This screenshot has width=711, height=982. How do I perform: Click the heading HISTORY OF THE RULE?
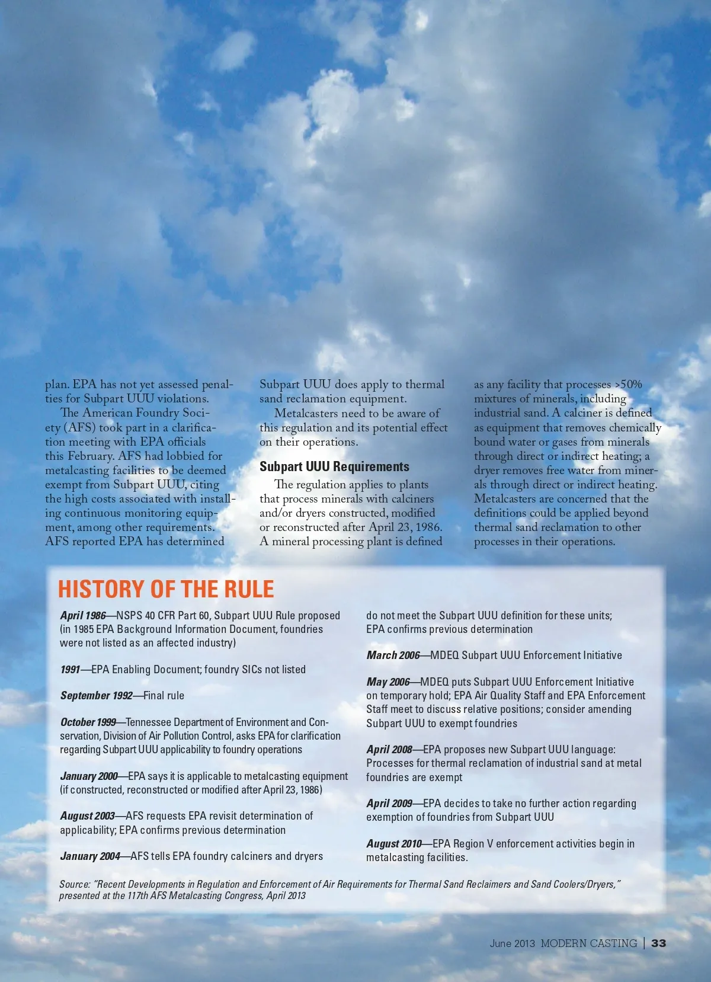tap(166, 589)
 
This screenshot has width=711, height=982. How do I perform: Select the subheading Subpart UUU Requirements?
tap(334, 467)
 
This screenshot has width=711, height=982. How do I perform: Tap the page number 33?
tap(658, 943)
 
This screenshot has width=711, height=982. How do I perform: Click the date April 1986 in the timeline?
tap(83, 616)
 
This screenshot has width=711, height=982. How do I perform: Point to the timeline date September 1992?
tap(96, 696)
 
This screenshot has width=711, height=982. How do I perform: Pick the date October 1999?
tap(88, 722)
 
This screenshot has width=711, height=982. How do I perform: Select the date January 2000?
tap(89, 776)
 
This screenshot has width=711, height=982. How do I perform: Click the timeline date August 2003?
tap(88, 816)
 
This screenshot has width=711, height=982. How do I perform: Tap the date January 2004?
tap(90, 856)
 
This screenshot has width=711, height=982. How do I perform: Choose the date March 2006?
tap(393, 655)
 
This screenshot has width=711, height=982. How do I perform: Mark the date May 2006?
tap(388, 682)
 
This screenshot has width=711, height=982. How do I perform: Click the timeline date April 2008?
tap(389, 750)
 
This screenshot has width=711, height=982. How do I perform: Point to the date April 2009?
tap(389, 804)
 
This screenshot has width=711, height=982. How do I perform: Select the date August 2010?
tap(394, 844)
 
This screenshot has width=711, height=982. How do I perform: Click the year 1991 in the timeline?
tap(70, 670)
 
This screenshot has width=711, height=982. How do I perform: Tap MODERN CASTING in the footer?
tap(588, 943)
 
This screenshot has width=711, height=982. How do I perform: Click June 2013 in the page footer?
tap(512, 943)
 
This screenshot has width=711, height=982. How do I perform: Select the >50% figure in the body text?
tap(628, 385)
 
